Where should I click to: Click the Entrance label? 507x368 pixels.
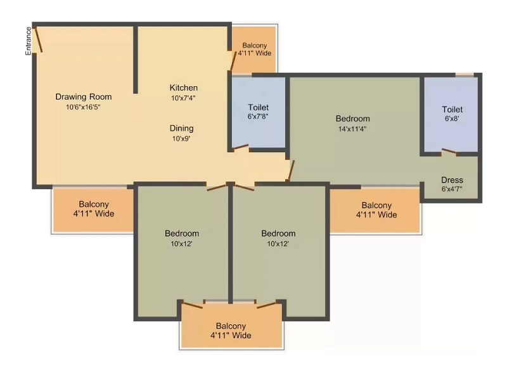point(29,41)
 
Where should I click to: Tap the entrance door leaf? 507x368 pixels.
point(38,39)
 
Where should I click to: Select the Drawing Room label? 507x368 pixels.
point(84,97)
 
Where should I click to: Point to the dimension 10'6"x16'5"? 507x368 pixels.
point(83,107)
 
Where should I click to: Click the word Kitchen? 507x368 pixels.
point(184,88)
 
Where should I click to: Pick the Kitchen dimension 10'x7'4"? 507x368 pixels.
point(183,98)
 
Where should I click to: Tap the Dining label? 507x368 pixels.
point(182,129)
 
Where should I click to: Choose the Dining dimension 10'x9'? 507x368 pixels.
point(181,139)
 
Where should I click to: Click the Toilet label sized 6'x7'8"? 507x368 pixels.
point(259,107)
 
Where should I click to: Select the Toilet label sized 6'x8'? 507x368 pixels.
point(452,109)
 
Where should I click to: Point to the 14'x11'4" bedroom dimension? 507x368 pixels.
point(352,129)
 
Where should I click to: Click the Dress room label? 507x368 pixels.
point(452,180)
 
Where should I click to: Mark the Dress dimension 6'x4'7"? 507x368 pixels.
point(452,188)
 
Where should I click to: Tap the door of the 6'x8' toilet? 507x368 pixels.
point(449,151)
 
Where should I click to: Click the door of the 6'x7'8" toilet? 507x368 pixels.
point(241,147)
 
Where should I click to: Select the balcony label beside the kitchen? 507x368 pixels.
point(255,49)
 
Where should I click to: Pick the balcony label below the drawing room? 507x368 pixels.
point(93,209)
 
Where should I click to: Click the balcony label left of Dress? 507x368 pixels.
point(376,210)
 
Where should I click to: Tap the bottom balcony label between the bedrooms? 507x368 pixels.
point(231,331)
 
